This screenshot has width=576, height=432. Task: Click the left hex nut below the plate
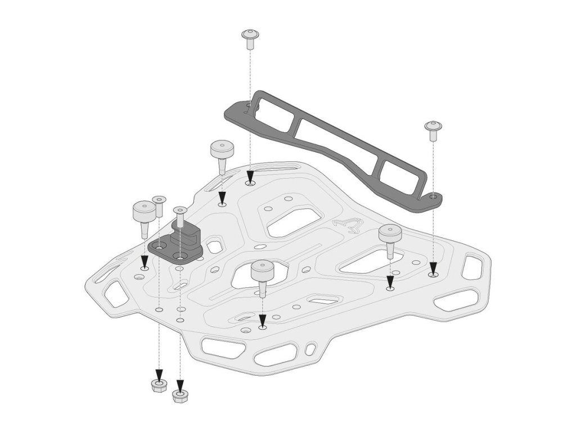(x=159, y=386)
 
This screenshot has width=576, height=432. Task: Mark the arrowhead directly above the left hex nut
(x=159, y=375)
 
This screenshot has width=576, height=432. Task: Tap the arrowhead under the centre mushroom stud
(x=262, y=321)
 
